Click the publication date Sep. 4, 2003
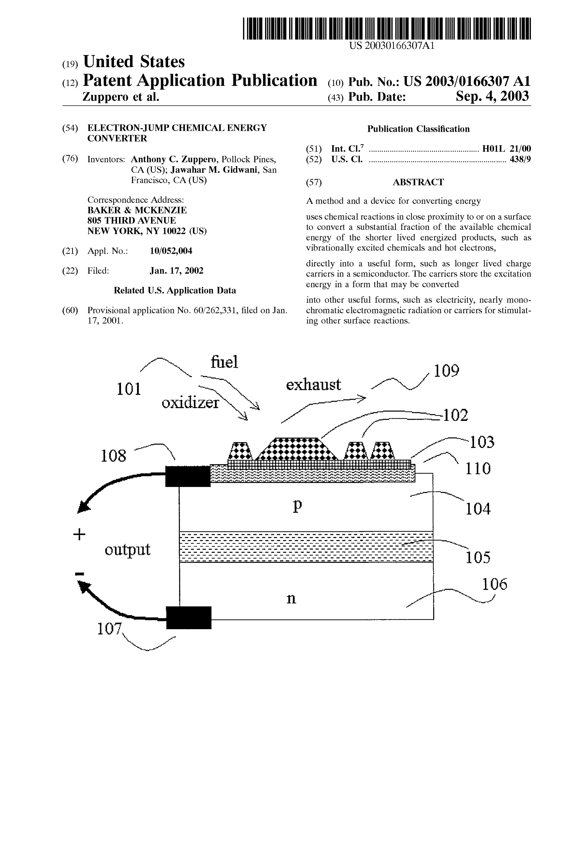click(x=492, y=96)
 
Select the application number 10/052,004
click(x=171, y=251)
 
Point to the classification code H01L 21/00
click(x=506, y=149)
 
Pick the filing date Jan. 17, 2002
click(x=176, y=271)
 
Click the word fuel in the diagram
click(x=224, y=362)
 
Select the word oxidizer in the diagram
click(x=190, y=403)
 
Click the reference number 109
click(x=447, y=371)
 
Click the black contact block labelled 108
click(x=188, y=476)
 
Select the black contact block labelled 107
click(x=189, y=618)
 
